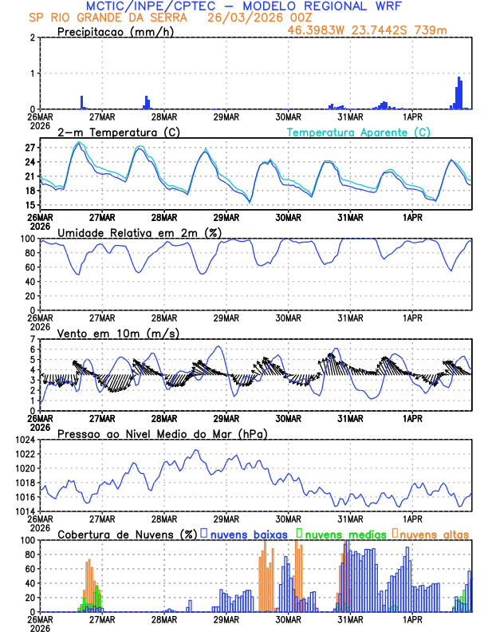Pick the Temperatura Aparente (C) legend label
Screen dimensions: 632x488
click(358, 132)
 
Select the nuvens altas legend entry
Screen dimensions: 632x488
click(434, 533)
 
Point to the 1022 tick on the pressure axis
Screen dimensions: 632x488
click(26, 454)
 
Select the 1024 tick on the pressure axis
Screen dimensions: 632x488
click(26, 440)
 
